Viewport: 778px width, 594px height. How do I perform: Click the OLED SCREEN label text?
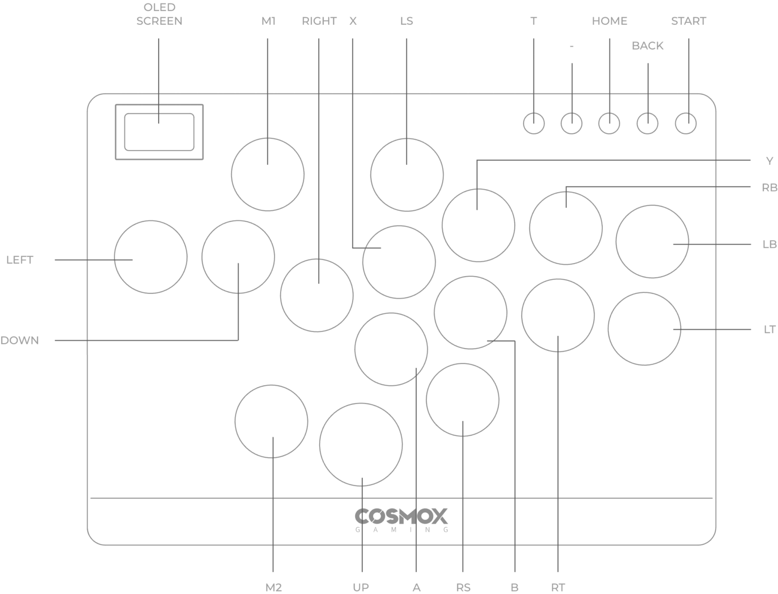(159, 14)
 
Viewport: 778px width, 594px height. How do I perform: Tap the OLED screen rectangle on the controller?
(159, 132)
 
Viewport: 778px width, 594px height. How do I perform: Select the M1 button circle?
(267, 174)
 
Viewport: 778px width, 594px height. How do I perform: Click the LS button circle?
(407, 174)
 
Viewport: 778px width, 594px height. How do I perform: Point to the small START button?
(686, 123)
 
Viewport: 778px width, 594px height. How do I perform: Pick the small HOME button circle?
(609, 123)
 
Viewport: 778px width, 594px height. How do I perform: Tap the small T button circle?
(533, 123)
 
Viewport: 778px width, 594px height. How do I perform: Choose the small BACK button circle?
(647, 123)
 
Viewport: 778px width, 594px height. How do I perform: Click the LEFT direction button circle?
(150, 256)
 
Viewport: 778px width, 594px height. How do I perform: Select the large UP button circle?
(361, 444)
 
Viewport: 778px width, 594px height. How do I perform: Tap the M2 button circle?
(271, 421)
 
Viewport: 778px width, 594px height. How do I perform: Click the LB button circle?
(652, 241)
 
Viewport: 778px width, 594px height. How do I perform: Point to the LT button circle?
(644, 328)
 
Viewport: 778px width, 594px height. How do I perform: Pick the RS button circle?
(462, 399)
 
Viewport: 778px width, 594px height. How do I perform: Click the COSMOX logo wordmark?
(401, 517)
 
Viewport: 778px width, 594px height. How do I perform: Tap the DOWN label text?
(20, 341)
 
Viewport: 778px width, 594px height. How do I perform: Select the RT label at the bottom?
(558, 587)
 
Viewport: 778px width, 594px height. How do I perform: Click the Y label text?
(769, 161)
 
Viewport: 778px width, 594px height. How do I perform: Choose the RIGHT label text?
(319, 21)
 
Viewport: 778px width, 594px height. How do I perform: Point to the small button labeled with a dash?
(571, 123)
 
